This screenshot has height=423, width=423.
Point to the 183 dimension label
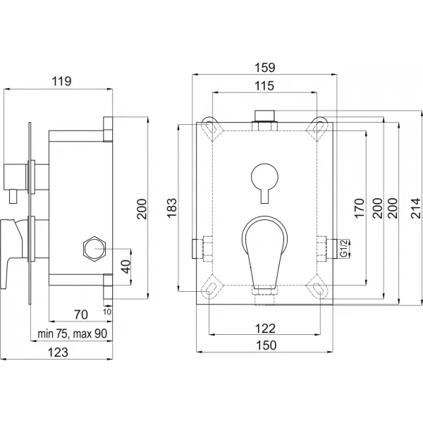tap(171, 206)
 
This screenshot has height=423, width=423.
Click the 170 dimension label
tap(358, 209)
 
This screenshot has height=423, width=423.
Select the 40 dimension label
tap(124, 267)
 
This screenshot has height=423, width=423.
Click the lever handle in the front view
tap(264, 247)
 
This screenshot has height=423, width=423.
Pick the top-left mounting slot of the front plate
tap(211, 125)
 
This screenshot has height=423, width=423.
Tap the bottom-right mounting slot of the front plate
tap(319, 289)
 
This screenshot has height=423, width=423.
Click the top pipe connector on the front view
tap(265, 117)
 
